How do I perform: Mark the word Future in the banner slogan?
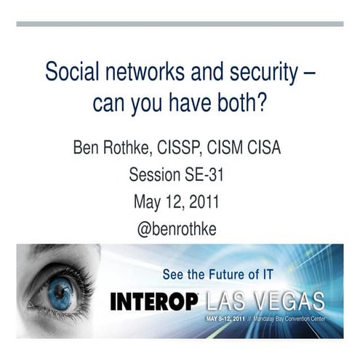coord(221,274)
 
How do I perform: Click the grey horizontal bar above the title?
coord(180,24)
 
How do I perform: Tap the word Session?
coord(155,175)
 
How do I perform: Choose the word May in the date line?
coord(146,201)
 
